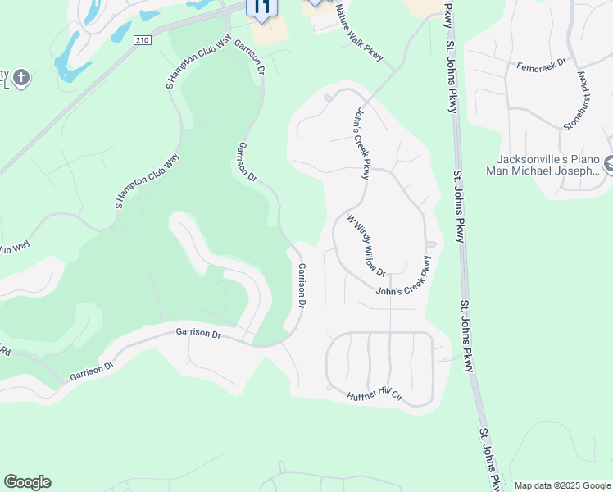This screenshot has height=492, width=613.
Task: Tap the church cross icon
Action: pos(21,79)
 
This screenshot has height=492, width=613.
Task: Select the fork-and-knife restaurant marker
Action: pos(262,7)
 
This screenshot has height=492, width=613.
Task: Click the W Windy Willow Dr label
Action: pos(366,244)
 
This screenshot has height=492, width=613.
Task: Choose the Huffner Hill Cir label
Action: pos(375,395)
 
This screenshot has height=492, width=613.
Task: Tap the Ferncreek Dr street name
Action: pos(542,65)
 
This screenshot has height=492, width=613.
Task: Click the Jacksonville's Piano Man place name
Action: pos(548,165)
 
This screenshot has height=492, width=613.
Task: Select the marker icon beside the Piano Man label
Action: pos(608,166)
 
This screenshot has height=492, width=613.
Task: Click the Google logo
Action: pos(27,482)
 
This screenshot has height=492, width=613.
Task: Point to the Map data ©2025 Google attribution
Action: pos(561,485)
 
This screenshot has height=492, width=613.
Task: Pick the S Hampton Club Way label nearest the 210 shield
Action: pos(199,61)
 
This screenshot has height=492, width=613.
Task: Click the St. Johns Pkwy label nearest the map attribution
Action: pos(491,459)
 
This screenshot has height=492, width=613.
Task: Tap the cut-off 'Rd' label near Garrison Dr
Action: pos(5,351)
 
